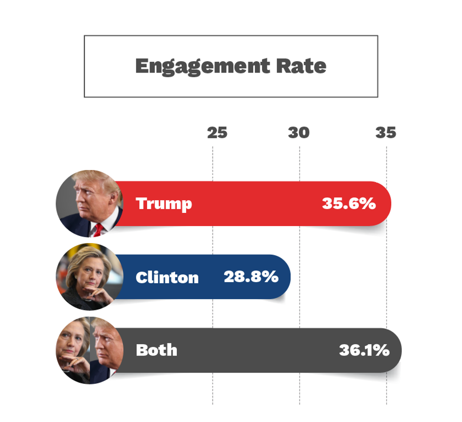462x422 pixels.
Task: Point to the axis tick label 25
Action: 217,133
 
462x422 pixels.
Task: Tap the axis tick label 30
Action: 299,133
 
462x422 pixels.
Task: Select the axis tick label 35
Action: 386,133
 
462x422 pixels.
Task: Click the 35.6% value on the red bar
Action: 348,203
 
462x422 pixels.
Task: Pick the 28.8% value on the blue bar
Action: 251,277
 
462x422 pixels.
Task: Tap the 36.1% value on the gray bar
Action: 364,350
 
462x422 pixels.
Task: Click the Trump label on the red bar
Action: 164,203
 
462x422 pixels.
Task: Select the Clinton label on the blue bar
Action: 167,277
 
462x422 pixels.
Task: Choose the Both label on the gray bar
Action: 156,350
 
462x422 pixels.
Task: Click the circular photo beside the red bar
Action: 89,203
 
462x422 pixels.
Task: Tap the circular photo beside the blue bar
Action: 89,277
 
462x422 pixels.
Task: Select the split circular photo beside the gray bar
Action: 89,350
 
